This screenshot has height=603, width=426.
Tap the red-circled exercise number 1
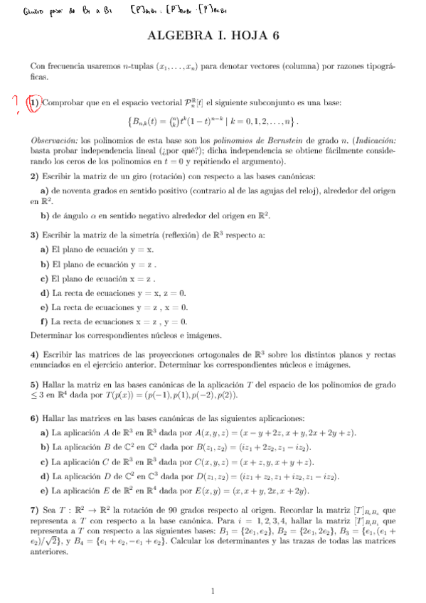point(33,103)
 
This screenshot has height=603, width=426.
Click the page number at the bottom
point(213,591)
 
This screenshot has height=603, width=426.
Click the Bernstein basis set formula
point(213,121)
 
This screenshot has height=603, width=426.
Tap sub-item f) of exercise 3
point(45,321)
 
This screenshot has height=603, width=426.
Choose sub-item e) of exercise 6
point(45,491)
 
